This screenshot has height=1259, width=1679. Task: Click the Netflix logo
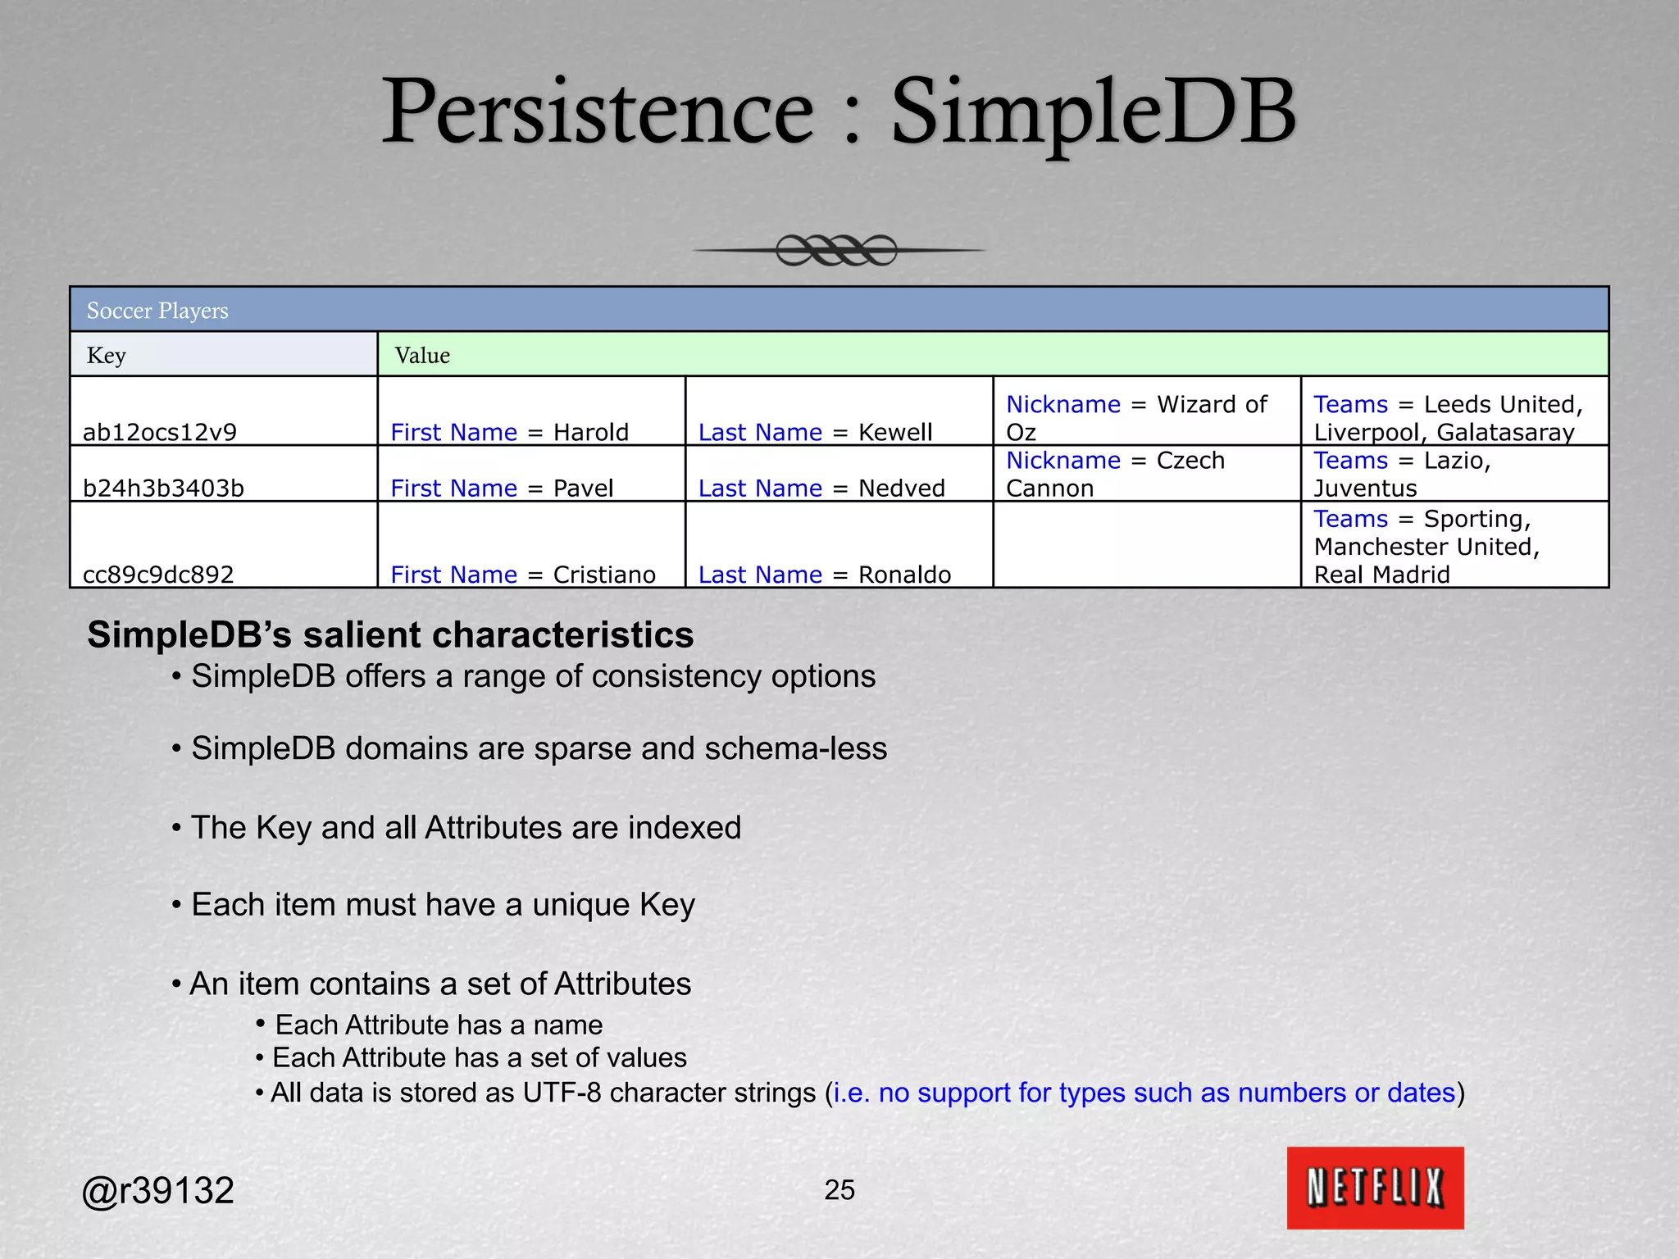coord(1375,1188)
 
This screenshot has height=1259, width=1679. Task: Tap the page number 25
coord(839,1189)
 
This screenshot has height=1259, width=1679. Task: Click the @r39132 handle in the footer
coord(158,1190)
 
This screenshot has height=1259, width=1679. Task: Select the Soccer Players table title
coord(157,311)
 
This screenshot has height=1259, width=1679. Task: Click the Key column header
coord(107,356)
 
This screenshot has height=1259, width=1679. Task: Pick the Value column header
coord(422,356)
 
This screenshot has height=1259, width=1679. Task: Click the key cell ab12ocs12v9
coord(160,432)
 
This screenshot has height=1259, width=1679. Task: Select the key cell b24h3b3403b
coord(163,488)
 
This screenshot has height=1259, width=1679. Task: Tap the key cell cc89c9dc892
coord(158,574)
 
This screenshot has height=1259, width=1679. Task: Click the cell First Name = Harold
coord(509,432)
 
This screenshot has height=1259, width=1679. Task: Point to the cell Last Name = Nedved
coord(821,488)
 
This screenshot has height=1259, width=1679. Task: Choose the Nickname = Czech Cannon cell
coord(1115,474)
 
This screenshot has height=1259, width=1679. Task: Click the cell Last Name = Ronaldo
coord(825,574)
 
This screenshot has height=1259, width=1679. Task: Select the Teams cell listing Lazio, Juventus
coord(1402,474)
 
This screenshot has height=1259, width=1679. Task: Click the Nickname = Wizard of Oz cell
coord(1136,418)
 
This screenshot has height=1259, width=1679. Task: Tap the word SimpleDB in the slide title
coord(1094,112)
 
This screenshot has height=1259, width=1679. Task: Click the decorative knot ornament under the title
coord(837,250)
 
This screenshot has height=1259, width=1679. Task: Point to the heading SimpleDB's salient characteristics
coord(390,635)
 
